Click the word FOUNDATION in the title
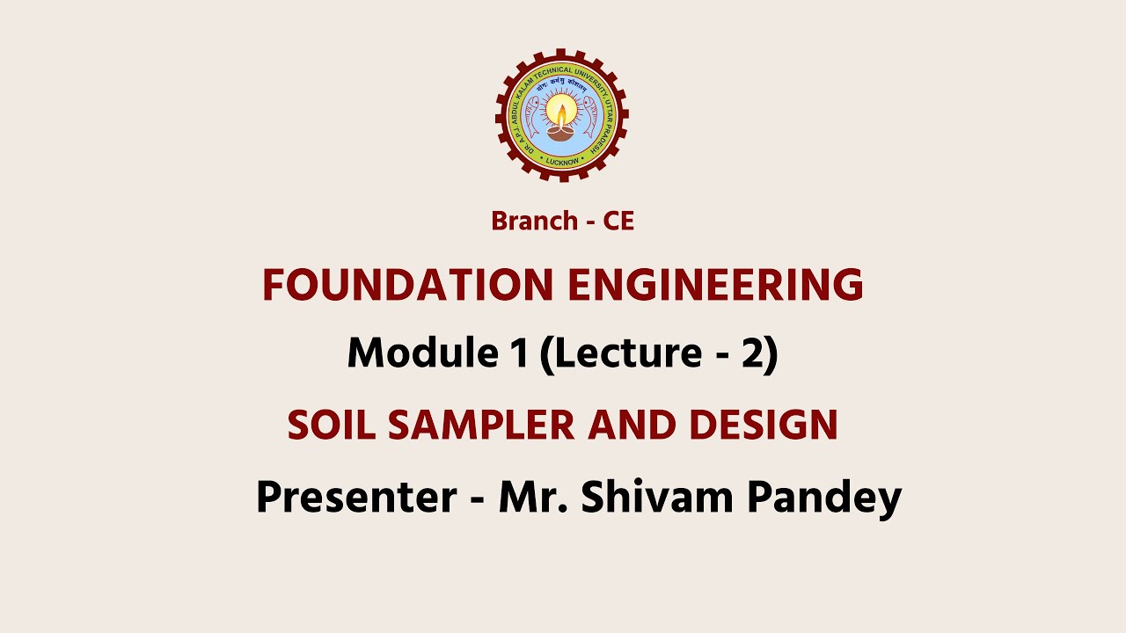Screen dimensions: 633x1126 coord(407,286)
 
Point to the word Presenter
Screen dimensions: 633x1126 coord(355,498)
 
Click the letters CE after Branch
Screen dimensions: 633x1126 coord(618,222)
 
